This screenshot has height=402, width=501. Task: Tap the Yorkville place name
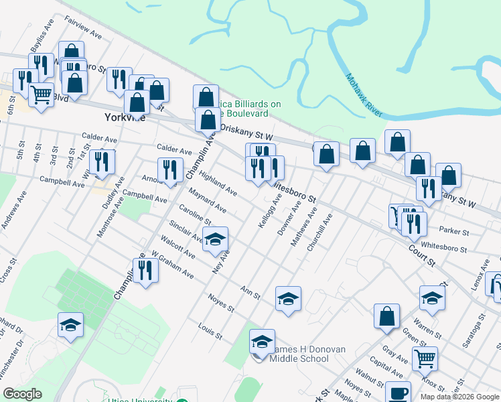125,117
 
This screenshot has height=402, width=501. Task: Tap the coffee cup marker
398,393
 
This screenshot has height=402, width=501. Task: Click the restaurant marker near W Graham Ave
145,269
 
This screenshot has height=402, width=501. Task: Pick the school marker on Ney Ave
215,239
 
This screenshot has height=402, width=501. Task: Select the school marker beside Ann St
288,298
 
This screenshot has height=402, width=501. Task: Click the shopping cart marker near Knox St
425,358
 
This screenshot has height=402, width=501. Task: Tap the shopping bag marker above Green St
387,316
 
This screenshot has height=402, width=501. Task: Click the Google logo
22,394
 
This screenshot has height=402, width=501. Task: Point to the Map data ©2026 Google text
459,397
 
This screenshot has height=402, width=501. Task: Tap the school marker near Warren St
432,298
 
